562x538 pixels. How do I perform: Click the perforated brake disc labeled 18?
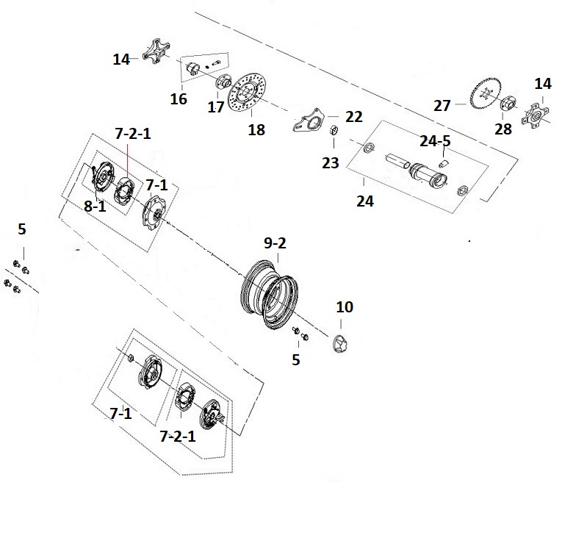click(x=247, y=93)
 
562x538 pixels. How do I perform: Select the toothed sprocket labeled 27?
click(x=486, y=94)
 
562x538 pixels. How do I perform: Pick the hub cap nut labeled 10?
click(x=340, y=344)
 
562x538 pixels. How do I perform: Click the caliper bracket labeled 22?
click(x=309, y=120)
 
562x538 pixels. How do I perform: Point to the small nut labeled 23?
click(x=334, y=130)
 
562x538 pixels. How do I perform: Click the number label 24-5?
click(x=435, y=141)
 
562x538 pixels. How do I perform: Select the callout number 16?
click(x=179, y=99)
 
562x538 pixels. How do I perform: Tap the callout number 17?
click(x=216, y=107)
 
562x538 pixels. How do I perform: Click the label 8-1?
click(x=95, y=207)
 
